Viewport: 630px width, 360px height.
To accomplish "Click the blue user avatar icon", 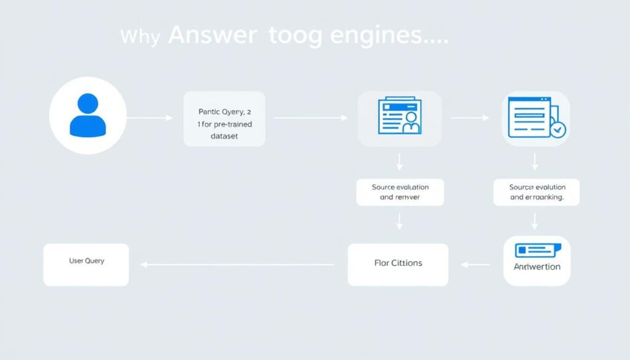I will [x=88, y=115].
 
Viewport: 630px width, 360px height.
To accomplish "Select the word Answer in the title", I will [x=211, y=36].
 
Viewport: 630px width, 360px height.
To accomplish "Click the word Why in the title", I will [x=141, y=37].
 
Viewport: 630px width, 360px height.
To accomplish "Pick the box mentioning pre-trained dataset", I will [x=225, y=119].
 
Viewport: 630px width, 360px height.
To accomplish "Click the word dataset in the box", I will [x=225, y=137].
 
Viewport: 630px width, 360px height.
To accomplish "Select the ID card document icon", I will [x=399, y=118].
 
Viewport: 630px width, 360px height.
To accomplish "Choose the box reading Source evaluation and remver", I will [x=400, y=192].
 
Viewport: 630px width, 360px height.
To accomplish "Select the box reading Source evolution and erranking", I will [x=536, y=192].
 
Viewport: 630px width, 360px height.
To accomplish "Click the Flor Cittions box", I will [x=398, y=264].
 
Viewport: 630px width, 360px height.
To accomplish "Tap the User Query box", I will [x=86, y=264].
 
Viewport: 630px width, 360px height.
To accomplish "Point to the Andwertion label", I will [x=536, y=266].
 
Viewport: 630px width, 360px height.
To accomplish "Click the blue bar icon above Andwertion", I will [x=536, y=250].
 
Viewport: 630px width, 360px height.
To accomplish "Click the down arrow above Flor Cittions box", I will [x=399, y=220].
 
